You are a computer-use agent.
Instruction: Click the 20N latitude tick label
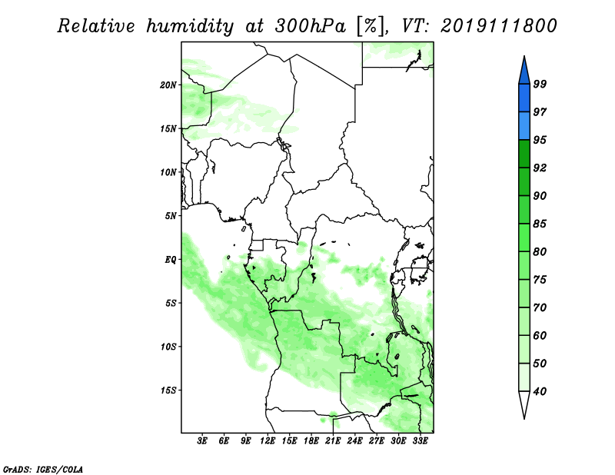click(168, 85)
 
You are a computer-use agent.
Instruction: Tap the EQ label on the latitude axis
click(171, 260)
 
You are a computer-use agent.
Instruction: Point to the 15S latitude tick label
click(168, 390)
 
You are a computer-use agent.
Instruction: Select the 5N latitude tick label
click(171, 216)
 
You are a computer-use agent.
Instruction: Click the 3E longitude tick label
click(202, 441)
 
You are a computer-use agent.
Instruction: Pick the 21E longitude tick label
click(333, 441)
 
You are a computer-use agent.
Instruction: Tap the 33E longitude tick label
click(420, 441)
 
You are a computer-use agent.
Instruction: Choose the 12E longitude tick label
click(268, 441)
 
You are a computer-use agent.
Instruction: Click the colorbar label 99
click(540, 84)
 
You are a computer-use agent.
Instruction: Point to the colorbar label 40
click(540, 391)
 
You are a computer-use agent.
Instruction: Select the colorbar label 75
click(540, 280)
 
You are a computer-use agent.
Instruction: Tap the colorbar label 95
click(540, 140)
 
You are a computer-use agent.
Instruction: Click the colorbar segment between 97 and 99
click(524, 98)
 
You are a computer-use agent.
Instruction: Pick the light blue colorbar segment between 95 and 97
click(524, 126)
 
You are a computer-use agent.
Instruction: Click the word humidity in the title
click(190, 27)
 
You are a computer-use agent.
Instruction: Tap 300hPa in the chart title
click(311, 26)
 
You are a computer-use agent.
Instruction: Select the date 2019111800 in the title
click(498, 26)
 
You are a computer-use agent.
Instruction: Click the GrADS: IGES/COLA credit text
click(43, 469)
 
